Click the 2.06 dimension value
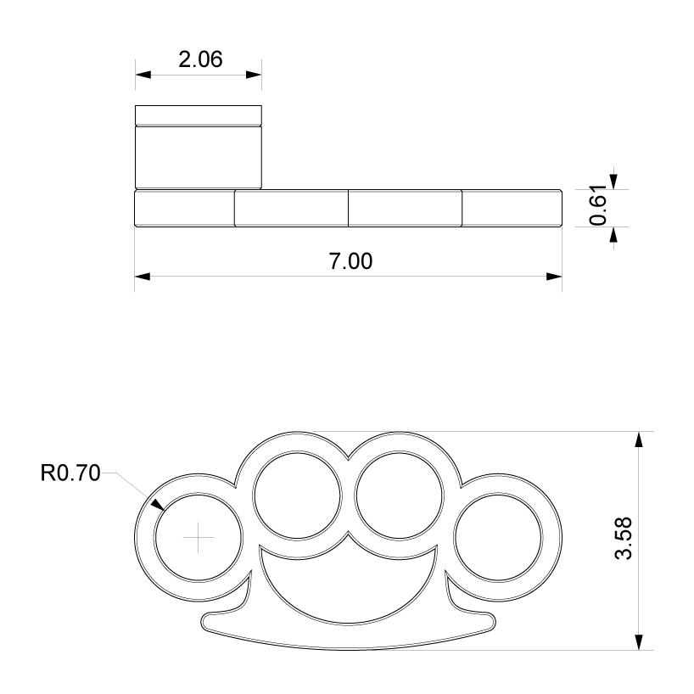point(200,59)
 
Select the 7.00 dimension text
point(350,261)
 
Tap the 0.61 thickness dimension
point(598,205)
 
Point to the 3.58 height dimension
point(624,539)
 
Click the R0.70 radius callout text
point(70,473)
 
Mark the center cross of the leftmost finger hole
point(199,537)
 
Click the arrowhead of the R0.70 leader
point(158,505)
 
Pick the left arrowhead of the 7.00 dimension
point(142,277)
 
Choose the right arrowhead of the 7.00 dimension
point(555,277)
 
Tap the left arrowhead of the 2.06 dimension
point(143,75)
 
